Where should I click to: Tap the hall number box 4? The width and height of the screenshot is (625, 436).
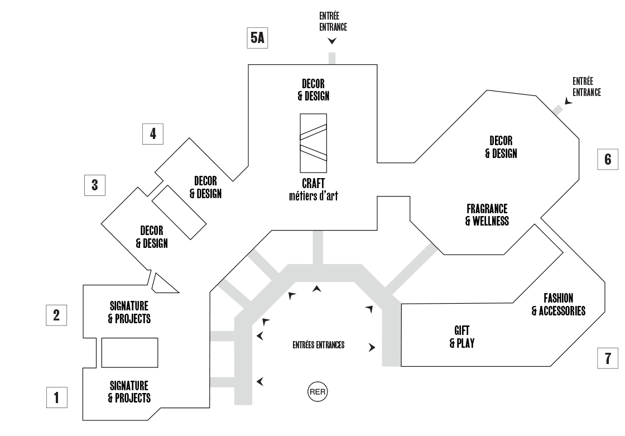tap(152, 133)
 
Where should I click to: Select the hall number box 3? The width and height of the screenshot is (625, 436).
tap(94, 185)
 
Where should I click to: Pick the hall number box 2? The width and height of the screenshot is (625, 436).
tap(56, 314)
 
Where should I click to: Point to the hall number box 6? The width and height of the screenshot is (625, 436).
tap(608, 159)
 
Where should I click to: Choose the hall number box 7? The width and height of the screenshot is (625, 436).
tap(608, 357)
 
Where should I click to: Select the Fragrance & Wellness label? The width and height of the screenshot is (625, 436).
tap(487, 215)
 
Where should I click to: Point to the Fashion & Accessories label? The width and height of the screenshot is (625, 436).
tap(558, 304)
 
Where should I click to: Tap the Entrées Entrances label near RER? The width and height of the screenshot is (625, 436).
tap(319, 345)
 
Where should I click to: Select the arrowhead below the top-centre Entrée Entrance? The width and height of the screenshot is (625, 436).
tap(333, 41)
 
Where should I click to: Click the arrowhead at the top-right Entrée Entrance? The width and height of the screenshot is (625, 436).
tap(568, 100)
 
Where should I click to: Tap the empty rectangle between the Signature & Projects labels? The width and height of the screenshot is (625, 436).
tap(129, 352)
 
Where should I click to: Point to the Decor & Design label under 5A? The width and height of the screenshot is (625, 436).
tap(313, 90)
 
